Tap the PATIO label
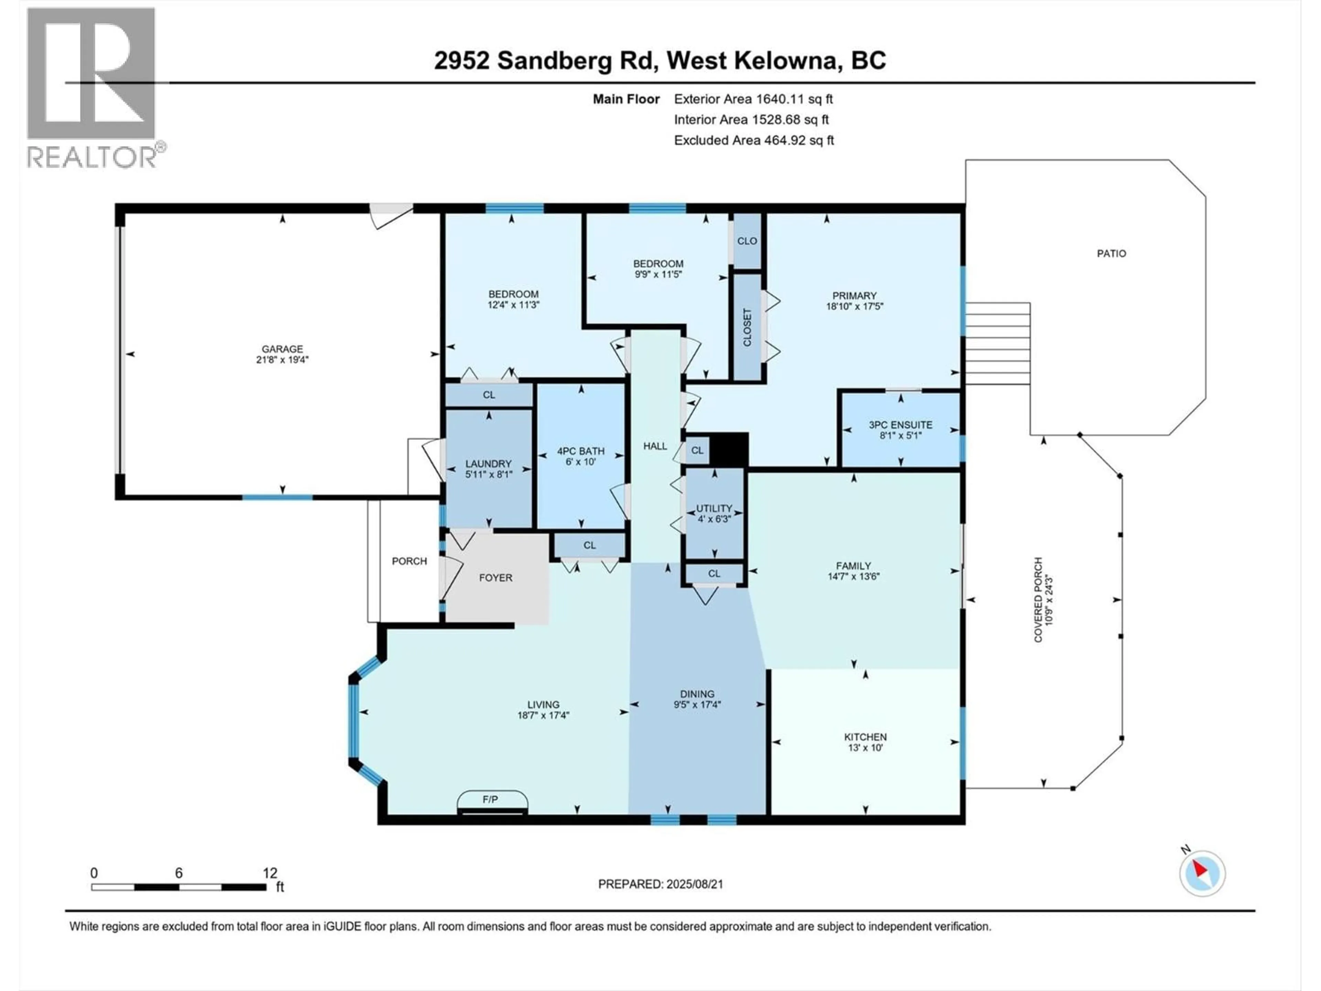tap(1111, 253)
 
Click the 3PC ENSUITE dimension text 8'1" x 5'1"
tap(901, 436)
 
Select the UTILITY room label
tap(714, 508)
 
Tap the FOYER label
tap(496, 578)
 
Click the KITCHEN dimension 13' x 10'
tap(865, 747)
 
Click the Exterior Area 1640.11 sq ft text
tap(753, 99)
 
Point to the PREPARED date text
tap(660, 884)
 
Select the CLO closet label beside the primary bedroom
tap(747, 241)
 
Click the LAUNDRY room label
tap(488, 463)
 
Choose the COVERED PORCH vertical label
tap(1039, 600)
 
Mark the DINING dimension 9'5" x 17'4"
tap(697, 704)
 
